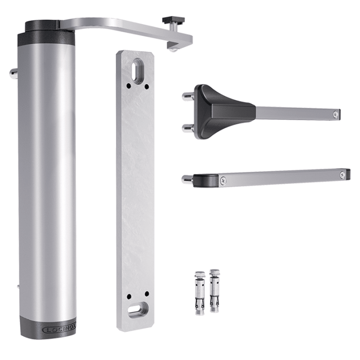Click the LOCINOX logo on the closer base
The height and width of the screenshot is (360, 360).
click(59, 330)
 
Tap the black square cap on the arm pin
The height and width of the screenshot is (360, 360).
click(174, 20)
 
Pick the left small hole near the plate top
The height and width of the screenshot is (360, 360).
click(129, 86)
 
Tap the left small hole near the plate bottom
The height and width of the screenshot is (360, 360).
click(129, 296)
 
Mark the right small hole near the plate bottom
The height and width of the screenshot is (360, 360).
click(147, 294)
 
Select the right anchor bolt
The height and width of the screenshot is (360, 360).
click(215, 290)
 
